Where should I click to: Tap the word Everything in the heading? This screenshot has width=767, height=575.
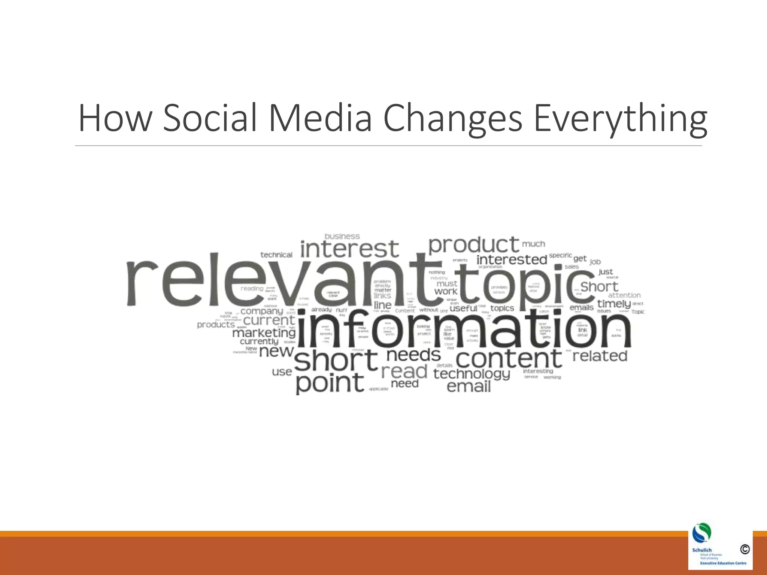(620, 118)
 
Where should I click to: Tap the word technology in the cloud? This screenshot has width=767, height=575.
(472, 374)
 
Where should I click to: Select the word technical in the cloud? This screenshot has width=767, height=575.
(276, 255)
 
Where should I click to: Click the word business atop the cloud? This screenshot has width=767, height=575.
(342, 237)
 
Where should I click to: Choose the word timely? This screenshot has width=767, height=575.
(614, 304)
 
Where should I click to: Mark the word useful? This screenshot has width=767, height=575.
(463, 308)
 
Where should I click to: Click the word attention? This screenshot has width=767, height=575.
(624, 295)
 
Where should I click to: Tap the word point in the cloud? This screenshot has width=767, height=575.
(330, 383)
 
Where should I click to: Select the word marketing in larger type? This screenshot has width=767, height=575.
(264, 333)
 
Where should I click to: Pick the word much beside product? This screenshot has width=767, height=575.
(533, 244)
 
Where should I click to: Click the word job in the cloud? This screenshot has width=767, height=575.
(595, 262)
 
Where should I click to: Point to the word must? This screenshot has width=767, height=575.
(447, 283)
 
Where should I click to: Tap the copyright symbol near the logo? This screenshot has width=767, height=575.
(745, 549)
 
